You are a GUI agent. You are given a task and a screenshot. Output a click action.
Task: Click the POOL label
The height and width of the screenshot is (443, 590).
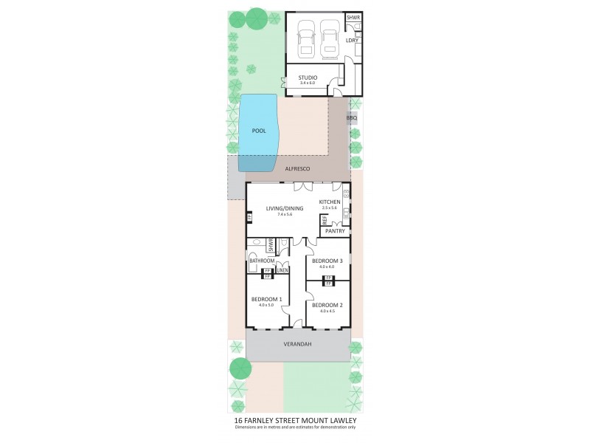pyautogui.click(x=258, y=131)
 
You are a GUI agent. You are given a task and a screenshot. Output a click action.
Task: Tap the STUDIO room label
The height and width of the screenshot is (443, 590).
pyautogui.click(x=308, y=78)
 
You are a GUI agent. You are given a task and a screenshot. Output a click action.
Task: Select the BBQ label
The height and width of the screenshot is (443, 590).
pyautogui.click(x=352, y=117)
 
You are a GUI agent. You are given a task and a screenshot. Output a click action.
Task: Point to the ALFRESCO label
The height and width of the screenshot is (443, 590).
pyautogui.click(x=297, y=169)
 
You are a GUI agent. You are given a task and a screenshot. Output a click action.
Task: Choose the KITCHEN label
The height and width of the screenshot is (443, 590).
pyautogui.click(x=329, y=202)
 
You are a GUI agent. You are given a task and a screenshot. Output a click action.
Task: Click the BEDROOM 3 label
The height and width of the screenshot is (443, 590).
pyautogui.click(x=327, y=261)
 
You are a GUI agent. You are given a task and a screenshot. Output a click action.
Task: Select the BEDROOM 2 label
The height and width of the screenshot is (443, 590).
pyautogui.click(x=327, y=305)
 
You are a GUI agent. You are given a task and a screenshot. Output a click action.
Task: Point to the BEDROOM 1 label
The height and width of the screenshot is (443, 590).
pyautogui.click(x=267, y=299)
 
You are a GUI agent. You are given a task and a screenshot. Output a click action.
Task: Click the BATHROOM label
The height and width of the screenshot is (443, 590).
pyautogui.click(x=262, y=261)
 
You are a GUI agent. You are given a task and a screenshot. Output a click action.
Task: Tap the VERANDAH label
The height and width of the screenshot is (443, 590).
pyautogui.click(x=297, y=344)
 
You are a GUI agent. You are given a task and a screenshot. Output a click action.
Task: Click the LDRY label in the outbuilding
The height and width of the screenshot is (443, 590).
pyautogui.click(x=352, y=40)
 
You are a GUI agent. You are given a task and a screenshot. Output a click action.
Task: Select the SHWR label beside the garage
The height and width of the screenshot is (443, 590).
pyautogui.click(x=353, y=17)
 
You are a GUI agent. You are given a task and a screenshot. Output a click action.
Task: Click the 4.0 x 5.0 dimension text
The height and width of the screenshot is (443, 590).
pyautogui.click(x=267, y=304)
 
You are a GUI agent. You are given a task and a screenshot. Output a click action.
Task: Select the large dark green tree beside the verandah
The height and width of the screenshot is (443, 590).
pyautogui.click(x=240, y=367)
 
